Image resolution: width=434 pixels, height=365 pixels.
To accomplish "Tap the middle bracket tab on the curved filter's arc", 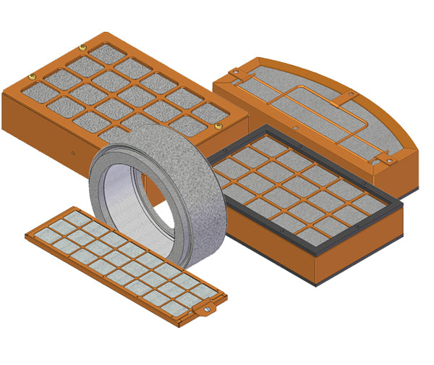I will (x=350, y=95).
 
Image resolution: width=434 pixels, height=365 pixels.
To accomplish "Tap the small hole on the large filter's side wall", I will (x=75, y=153).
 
